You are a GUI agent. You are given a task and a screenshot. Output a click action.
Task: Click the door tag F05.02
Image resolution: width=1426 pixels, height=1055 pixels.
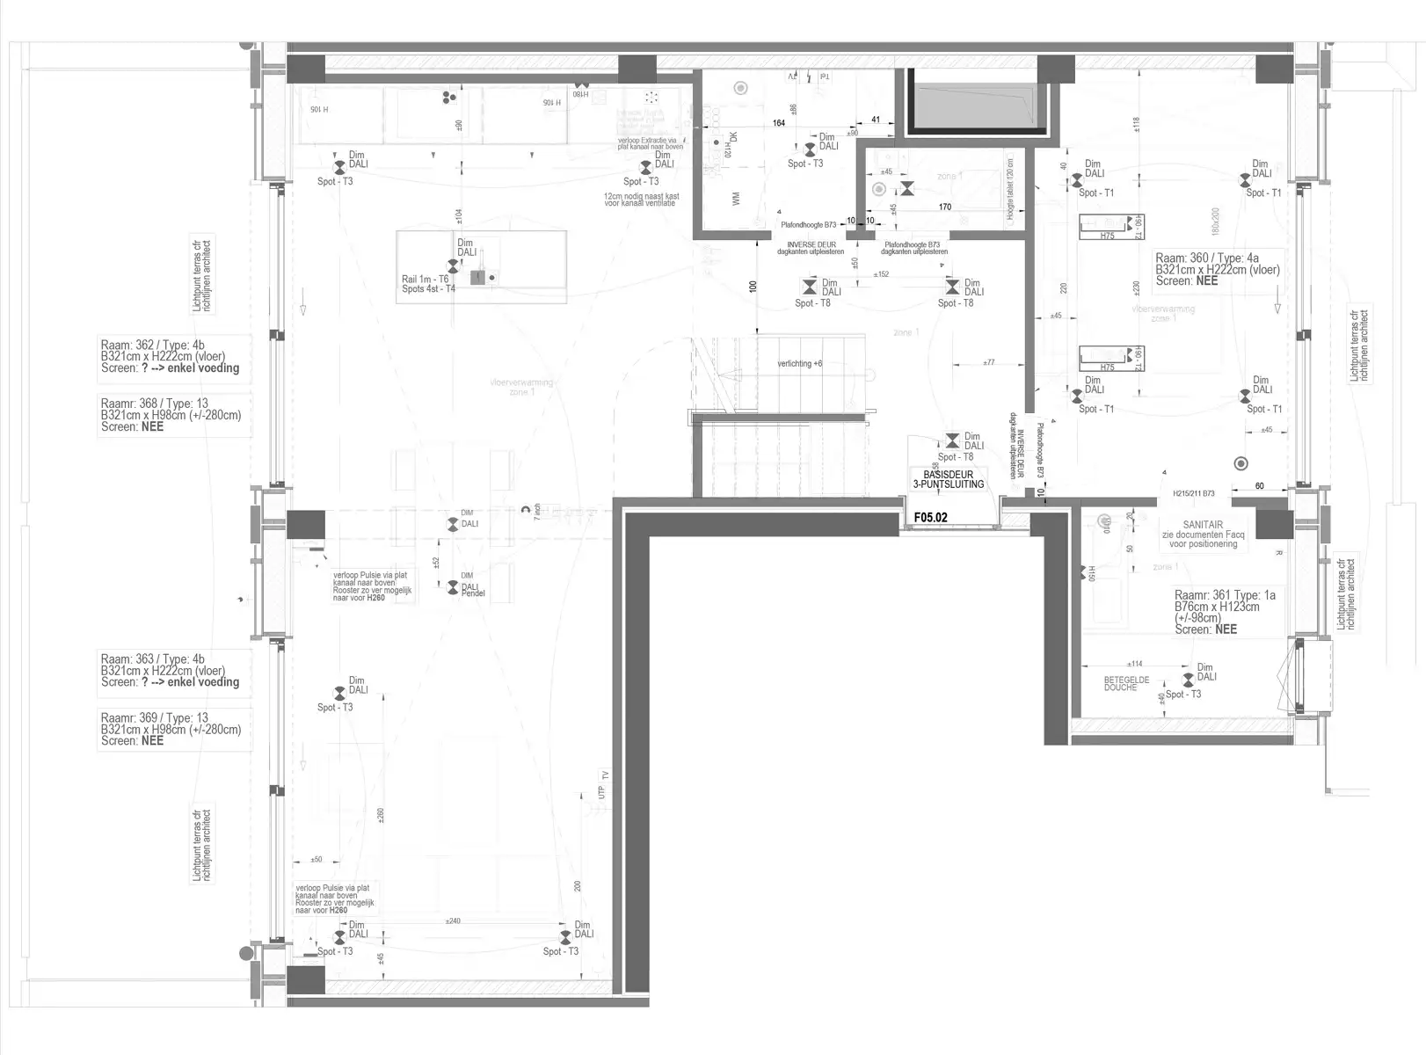point(930,518)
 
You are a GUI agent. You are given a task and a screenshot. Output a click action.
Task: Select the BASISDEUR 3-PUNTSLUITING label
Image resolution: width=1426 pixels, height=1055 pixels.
point(948,479)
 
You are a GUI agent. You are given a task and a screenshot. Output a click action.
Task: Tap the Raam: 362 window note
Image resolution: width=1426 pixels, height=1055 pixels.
point(170,357)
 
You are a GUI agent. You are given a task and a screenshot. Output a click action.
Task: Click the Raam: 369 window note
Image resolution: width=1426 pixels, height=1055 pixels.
point(170,729)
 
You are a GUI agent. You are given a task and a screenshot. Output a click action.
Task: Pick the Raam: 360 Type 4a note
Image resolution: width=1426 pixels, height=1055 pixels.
point(1217,269)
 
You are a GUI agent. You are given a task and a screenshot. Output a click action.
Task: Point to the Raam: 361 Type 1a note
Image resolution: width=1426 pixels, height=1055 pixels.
point(1225,612)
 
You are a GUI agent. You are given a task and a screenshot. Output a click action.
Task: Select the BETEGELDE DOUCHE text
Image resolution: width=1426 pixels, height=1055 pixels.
point(1120,683)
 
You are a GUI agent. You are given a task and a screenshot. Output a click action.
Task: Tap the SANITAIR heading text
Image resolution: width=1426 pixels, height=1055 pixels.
point(1203,524)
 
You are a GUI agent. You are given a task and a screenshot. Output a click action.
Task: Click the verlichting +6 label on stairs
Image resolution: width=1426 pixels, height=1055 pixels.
point(799,364)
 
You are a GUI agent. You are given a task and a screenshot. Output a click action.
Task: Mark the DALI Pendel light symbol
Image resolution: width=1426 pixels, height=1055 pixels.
point(452,586)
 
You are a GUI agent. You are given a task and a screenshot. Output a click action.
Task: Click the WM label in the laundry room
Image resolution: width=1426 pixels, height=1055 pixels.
point(736,200)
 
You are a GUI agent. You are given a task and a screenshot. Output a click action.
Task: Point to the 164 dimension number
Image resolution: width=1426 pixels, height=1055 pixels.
point(778,123)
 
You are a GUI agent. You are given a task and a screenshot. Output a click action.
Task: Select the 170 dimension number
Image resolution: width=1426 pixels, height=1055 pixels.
point(944,207)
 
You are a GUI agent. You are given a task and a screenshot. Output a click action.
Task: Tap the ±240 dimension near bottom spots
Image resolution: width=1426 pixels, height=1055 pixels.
point(453,921)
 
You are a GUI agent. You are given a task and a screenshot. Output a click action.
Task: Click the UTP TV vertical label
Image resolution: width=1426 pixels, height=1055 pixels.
point(603,784)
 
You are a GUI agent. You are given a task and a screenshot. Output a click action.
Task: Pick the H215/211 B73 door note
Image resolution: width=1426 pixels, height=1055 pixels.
point(1193,494)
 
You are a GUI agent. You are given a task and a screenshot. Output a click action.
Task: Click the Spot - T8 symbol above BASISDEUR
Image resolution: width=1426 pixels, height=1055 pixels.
point(952,440)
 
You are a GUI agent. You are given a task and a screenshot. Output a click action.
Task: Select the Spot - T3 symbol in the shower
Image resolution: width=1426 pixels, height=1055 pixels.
point(1188,680)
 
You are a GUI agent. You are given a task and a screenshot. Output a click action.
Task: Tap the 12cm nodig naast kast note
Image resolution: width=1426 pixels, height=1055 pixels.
point(641,200)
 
